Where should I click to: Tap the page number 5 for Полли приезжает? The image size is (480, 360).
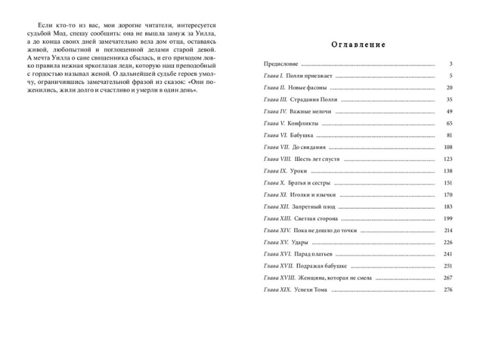pos(449,76)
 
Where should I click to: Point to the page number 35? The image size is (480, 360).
pos(448,100)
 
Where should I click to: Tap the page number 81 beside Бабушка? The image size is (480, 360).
pos(448,135)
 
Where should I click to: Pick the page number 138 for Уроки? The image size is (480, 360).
pos(447,171)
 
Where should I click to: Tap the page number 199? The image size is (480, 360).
pos(447,219)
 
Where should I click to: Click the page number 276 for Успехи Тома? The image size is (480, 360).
pos(447,290)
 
